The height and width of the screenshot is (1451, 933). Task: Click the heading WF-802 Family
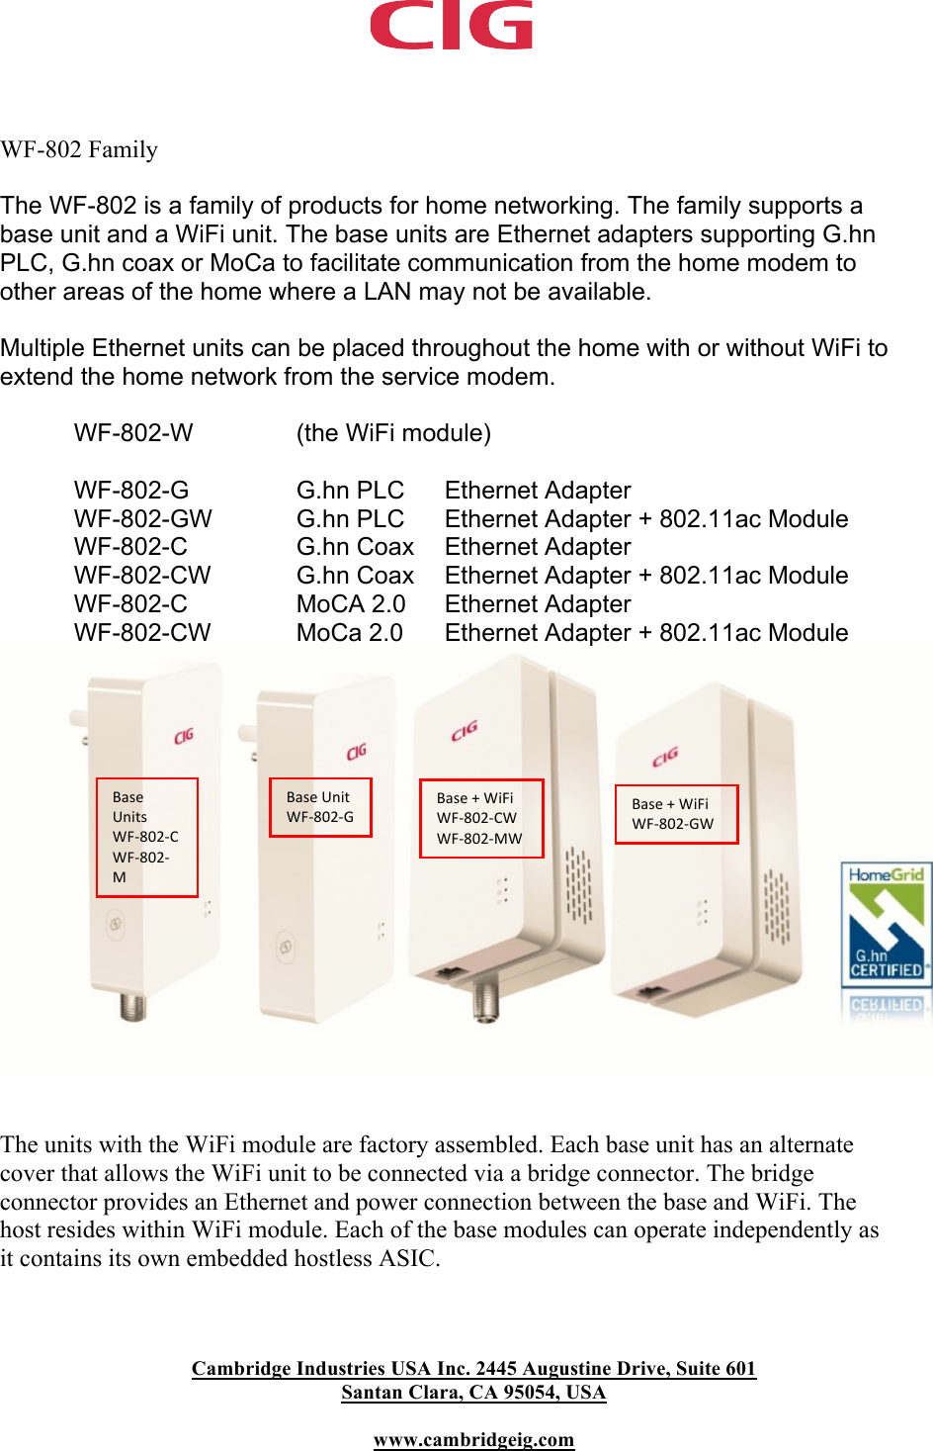(79, 149)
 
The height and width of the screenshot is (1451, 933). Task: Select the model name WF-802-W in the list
(133, 433)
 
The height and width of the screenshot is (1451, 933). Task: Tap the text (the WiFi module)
(393, 433)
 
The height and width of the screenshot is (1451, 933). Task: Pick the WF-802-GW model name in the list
(142, 518)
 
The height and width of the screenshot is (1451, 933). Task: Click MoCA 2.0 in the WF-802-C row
(351, 603)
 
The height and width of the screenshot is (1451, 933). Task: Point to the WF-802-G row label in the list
(131, 490)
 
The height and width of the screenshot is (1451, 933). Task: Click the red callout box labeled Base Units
(147, 837)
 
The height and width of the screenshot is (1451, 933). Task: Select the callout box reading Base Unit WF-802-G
(320, 807)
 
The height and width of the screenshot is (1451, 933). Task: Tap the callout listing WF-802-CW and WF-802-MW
(481, 818)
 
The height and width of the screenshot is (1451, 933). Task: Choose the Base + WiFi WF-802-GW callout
(676, 814)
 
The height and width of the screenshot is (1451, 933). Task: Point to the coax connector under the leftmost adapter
(132, 1006)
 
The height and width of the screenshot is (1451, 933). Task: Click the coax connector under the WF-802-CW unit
(485, 998)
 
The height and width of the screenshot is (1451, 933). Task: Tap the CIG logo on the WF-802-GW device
(665, 757)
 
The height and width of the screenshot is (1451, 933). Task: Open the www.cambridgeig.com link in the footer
(473, 1439)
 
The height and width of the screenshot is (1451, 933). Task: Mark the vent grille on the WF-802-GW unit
(776, 907)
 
